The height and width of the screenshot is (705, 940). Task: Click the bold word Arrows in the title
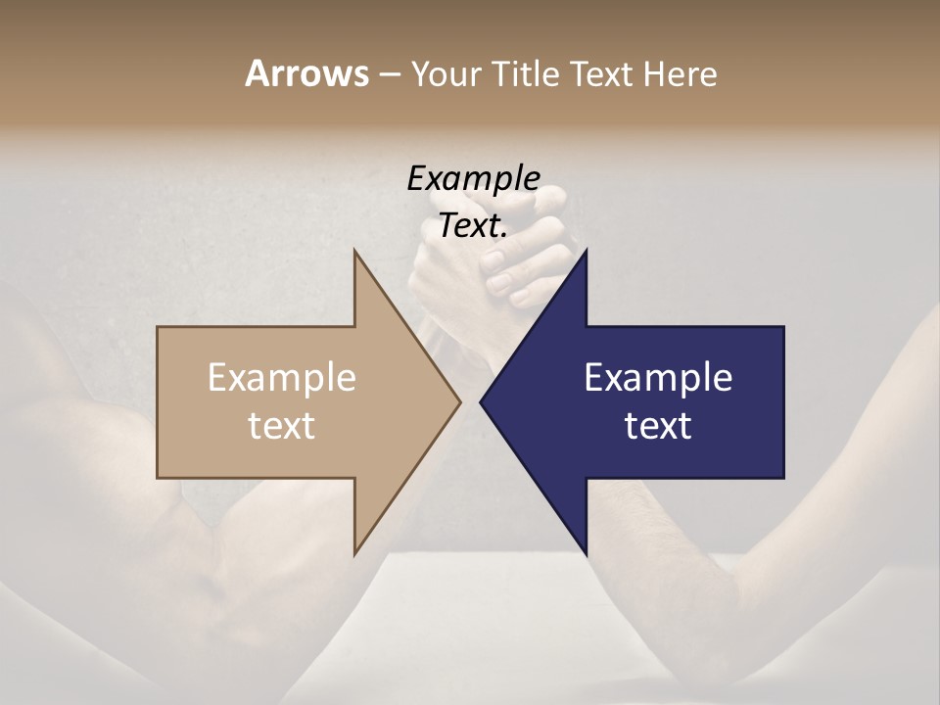306,73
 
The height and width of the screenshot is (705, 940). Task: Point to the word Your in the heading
446,74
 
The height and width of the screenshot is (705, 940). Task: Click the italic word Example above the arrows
473,178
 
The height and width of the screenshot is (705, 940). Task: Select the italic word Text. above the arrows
473,226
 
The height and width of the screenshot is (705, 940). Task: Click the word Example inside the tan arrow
281,377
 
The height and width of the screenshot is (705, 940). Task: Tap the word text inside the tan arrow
281,425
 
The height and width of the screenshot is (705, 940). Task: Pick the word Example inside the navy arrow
658,377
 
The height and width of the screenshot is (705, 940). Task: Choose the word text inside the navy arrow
658,425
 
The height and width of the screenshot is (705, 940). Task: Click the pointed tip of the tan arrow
460,401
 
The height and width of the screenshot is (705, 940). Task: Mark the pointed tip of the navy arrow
481,401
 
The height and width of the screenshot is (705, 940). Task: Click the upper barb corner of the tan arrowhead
354,251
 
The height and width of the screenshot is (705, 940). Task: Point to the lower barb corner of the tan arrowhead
354,553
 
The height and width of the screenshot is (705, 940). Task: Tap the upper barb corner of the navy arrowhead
586,251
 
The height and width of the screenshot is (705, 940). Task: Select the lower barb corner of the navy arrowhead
586,553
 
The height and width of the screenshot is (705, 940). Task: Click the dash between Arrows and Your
389,74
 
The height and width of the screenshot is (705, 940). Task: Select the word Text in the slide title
604,73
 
